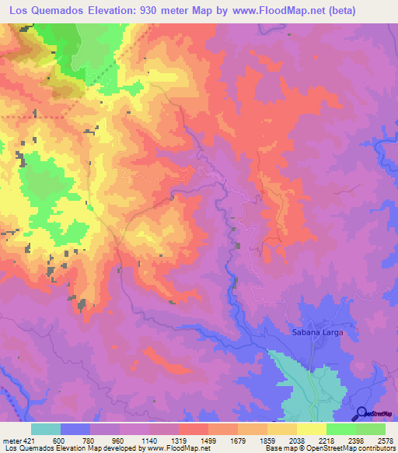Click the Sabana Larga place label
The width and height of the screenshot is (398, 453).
(317, 332)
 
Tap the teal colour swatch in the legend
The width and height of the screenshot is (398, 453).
(46, 429)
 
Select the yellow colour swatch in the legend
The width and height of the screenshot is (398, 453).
(311, 429)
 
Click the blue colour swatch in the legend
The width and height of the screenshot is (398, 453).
(75, 429)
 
